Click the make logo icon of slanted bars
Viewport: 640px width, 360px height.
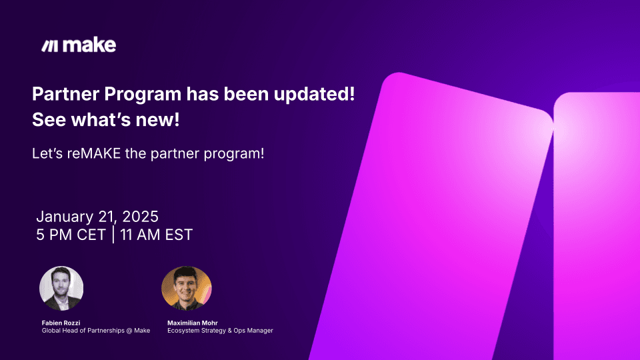pos(49,46)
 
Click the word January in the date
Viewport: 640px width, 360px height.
pos(66,217)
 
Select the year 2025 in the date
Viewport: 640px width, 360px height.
pos(140,217)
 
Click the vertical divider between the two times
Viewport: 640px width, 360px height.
pos(113,235)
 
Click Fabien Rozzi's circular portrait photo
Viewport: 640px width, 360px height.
pos(62,288)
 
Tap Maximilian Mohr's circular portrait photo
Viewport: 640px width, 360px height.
pos(186,288)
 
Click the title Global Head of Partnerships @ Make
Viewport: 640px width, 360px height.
pos(95,331)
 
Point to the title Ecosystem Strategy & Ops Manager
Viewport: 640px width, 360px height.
pos(220,331)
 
